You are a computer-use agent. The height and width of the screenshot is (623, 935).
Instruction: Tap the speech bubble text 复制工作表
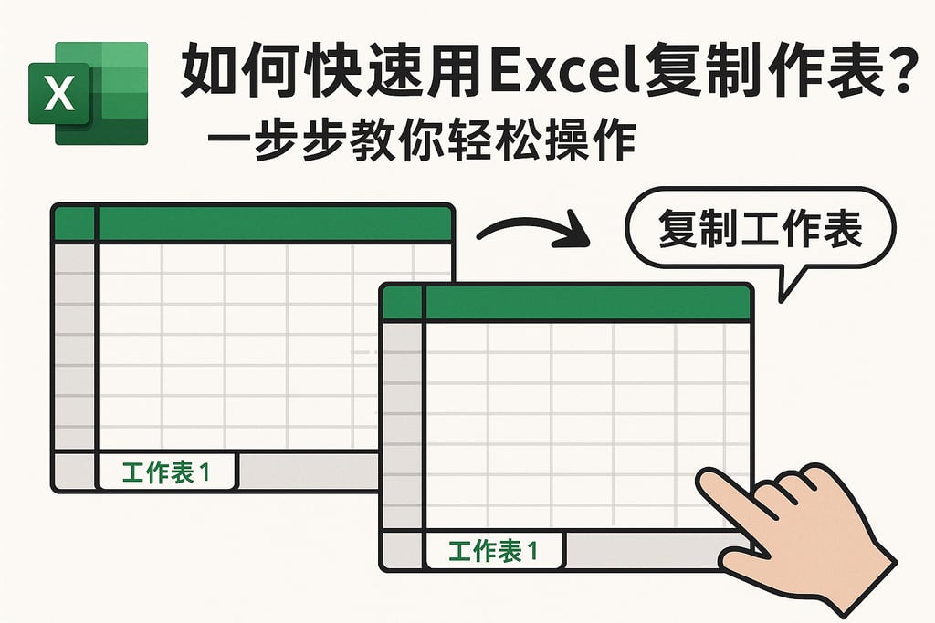click(760, 229)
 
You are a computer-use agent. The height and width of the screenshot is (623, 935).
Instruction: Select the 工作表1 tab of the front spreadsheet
click(494, 550)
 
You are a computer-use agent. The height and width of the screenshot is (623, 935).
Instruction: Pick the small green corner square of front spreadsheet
click(403, 304)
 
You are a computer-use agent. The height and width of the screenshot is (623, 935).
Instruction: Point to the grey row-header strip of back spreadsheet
click(74, 347)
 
